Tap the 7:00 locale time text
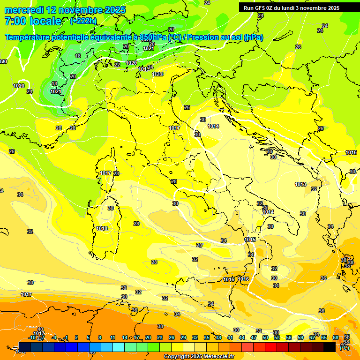(x=33, y=21)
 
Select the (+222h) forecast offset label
(x=83, y=21)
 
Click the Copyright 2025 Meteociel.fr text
(x=199, y=357)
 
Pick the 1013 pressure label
(x=300, y=184)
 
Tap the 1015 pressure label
(x=250, y=240)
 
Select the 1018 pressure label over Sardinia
(x=102, y=228)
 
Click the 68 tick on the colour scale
(x=336, y=337)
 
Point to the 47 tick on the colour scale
(x=254, y=337)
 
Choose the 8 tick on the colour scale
(x=100, y=337)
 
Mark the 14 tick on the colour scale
(x=125, y=337)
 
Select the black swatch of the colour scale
(x=330, y=347)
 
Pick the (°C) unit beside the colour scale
(x=345, y=347)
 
